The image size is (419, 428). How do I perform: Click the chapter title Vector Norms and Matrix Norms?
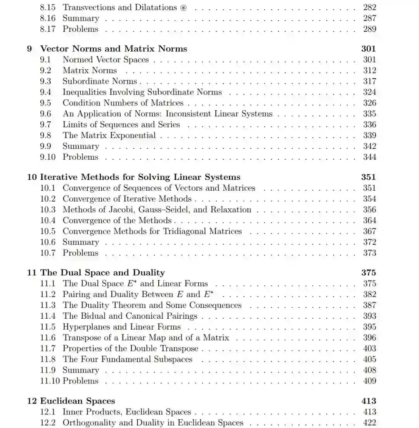(114, 48)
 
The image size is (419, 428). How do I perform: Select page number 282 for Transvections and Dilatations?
(369, 7)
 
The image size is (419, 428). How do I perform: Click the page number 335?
(369, 114)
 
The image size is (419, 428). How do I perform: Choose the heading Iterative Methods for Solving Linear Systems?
(140, 177)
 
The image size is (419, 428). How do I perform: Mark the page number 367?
(369, 231)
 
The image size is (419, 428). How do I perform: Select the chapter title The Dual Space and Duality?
(102, 273)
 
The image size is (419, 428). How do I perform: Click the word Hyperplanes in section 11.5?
(87, 327)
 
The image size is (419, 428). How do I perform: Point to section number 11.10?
(50, 381)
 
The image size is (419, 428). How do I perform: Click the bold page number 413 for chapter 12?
(368, 401)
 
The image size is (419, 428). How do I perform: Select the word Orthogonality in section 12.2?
(89, 423)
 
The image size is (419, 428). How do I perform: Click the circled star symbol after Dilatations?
(184, 8)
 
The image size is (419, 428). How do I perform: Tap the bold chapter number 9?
(29, 49)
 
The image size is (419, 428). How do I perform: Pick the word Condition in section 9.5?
(79, 103)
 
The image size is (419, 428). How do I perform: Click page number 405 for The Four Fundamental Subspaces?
(369, 359)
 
